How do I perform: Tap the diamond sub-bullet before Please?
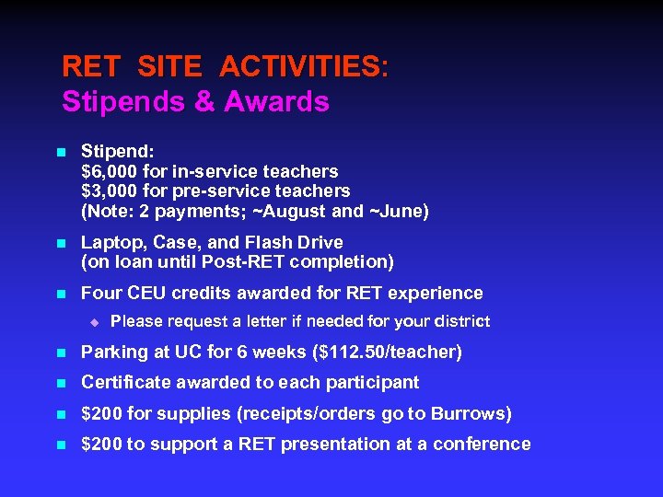(93, 321)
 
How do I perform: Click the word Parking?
(113, 352)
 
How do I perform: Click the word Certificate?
(124, 382)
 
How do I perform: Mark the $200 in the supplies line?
(100, 412)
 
